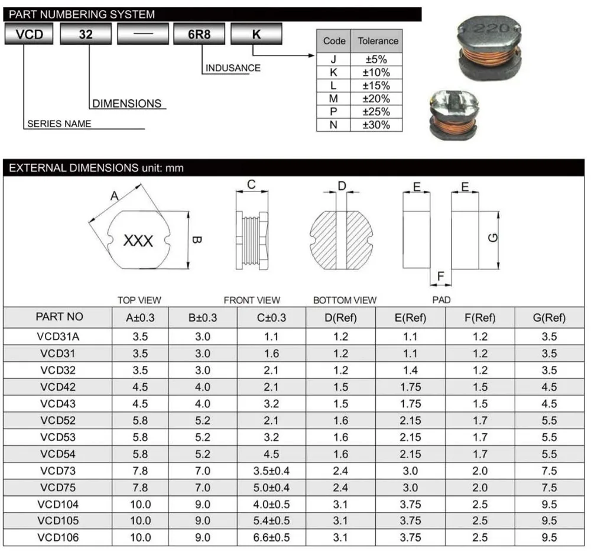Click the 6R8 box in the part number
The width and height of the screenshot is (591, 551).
click(199, 34)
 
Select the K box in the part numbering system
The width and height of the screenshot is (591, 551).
click(256, 34)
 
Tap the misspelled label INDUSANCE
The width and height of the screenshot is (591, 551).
click(233, 68)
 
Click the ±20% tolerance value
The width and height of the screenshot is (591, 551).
click(376, 98)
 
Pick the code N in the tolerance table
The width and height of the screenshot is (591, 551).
click(333, 125)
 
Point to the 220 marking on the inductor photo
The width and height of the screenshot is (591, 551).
click(491, 28)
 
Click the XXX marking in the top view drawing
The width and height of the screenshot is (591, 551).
click(138, 241)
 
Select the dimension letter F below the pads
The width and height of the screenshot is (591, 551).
click(441, 276)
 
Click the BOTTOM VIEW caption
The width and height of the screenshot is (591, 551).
click(345, 300)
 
